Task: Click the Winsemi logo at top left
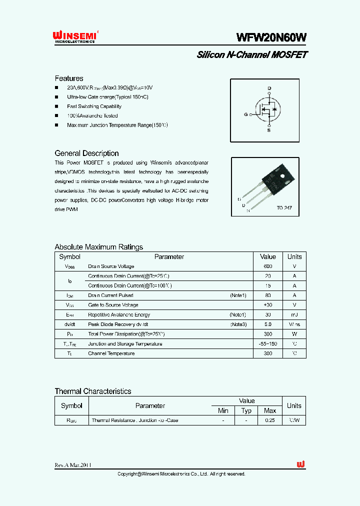click(x=74, y=37)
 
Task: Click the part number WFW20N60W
click(x=271, y=37)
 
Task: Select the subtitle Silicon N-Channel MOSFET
click(x=252, y=55)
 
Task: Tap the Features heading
click(x=69, y=78)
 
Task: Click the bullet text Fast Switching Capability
click(x=94, y=106)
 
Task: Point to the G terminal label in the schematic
click(x=245, y=114)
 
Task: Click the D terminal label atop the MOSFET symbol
click(x=269, y=88)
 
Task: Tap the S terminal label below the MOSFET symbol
click(x=269, y=130)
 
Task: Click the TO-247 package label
click(x=284, y=207)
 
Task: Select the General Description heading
click(x=86, y=153)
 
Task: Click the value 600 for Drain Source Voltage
click(x=268, y=266)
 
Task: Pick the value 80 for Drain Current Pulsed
click(x=268, y=295)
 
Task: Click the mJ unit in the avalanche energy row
click(x=294, y=315)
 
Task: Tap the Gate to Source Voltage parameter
click(x=113, y=305)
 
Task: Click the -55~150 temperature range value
click(x=268, y=344)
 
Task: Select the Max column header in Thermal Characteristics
click(x=270, y=410)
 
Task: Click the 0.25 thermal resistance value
click(x=270, y=420)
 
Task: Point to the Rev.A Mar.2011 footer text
click(x=73, y=465)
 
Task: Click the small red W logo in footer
click(x=300, y=464)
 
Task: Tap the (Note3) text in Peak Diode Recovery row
click(x=238, y=324)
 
